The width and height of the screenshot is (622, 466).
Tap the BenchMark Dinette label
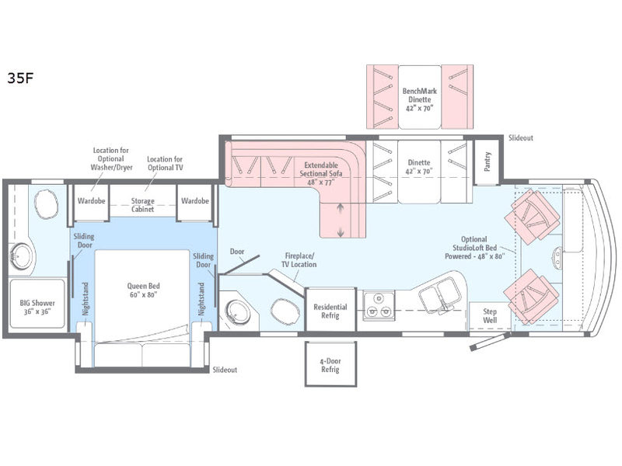420,100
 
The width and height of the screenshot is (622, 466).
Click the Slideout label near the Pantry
521,137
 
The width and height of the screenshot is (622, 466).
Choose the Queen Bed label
144,290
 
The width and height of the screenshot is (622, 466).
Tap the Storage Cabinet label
142,205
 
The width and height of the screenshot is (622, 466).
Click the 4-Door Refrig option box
330,365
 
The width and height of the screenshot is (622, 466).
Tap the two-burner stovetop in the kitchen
379,306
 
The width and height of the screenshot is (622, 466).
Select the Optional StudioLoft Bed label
475,247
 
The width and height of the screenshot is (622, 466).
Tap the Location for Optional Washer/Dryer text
111,160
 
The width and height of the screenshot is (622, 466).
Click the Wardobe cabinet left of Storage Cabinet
90,200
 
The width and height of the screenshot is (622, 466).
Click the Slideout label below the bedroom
225,370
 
